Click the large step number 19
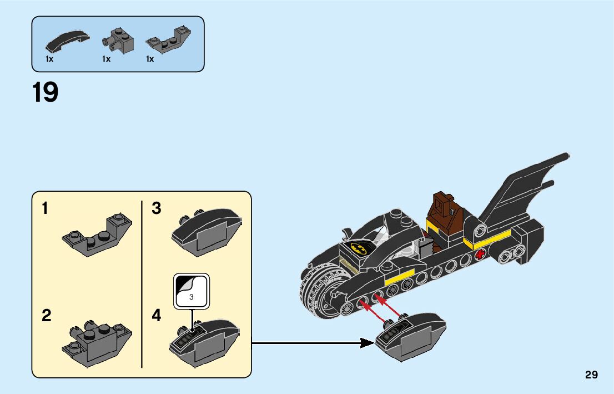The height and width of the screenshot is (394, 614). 46,92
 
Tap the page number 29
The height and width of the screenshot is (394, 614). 591,375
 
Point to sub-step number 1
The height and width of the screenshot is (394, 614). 45,209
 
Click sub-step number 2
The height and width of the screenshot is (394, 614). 46,316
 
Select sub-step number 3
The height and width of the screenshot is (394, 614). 157,209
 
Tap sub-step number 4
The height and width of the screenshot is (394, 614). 157,316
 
